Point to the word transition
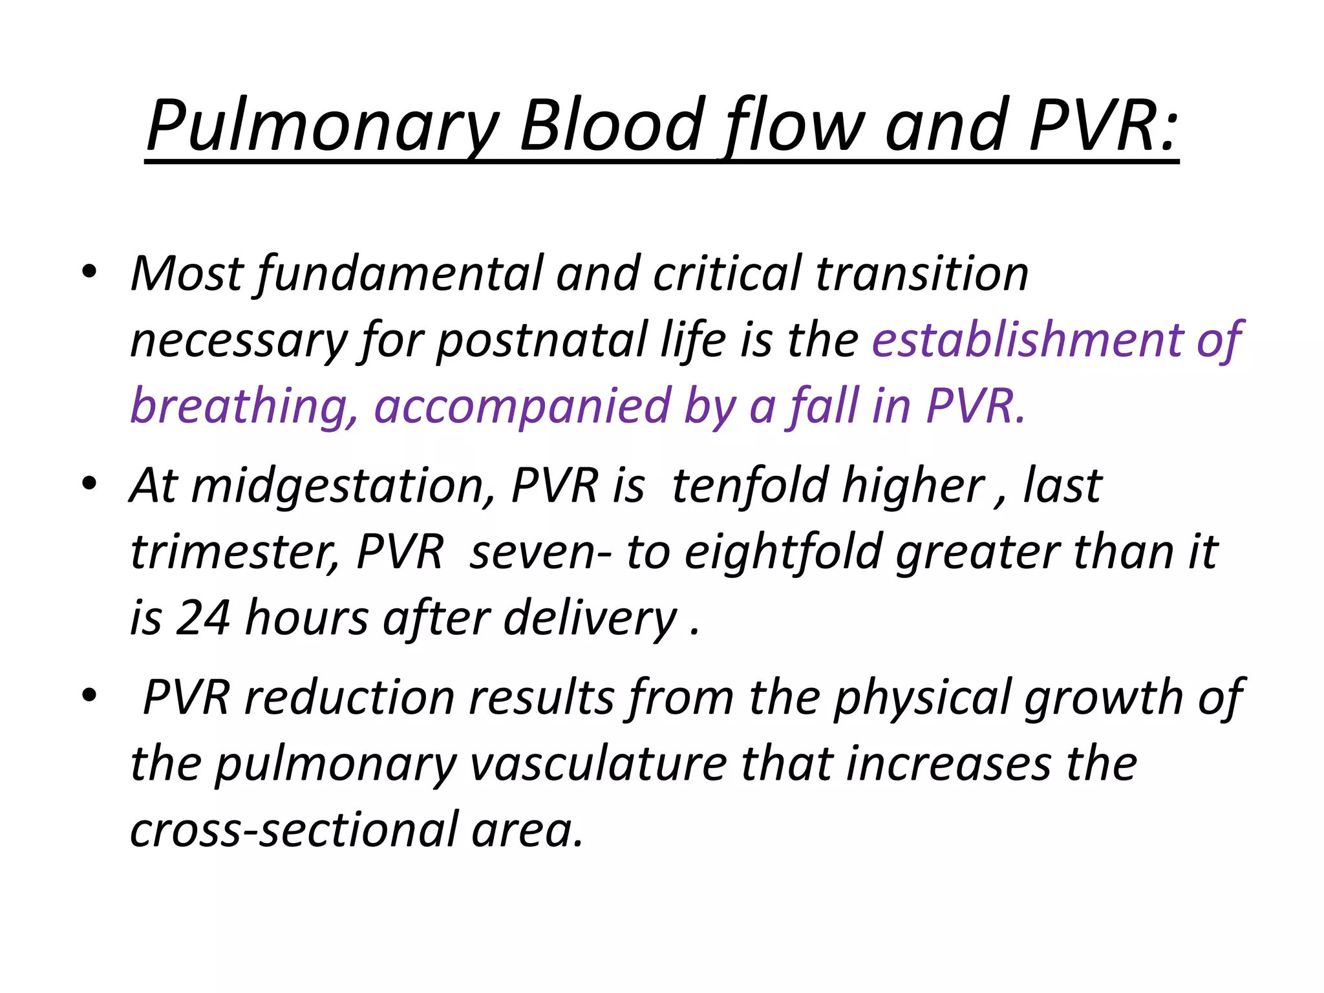point(921,274)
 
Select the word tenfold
point(750,486)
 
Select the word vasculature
point(598,764)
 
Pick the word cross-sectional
point(294,830)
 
